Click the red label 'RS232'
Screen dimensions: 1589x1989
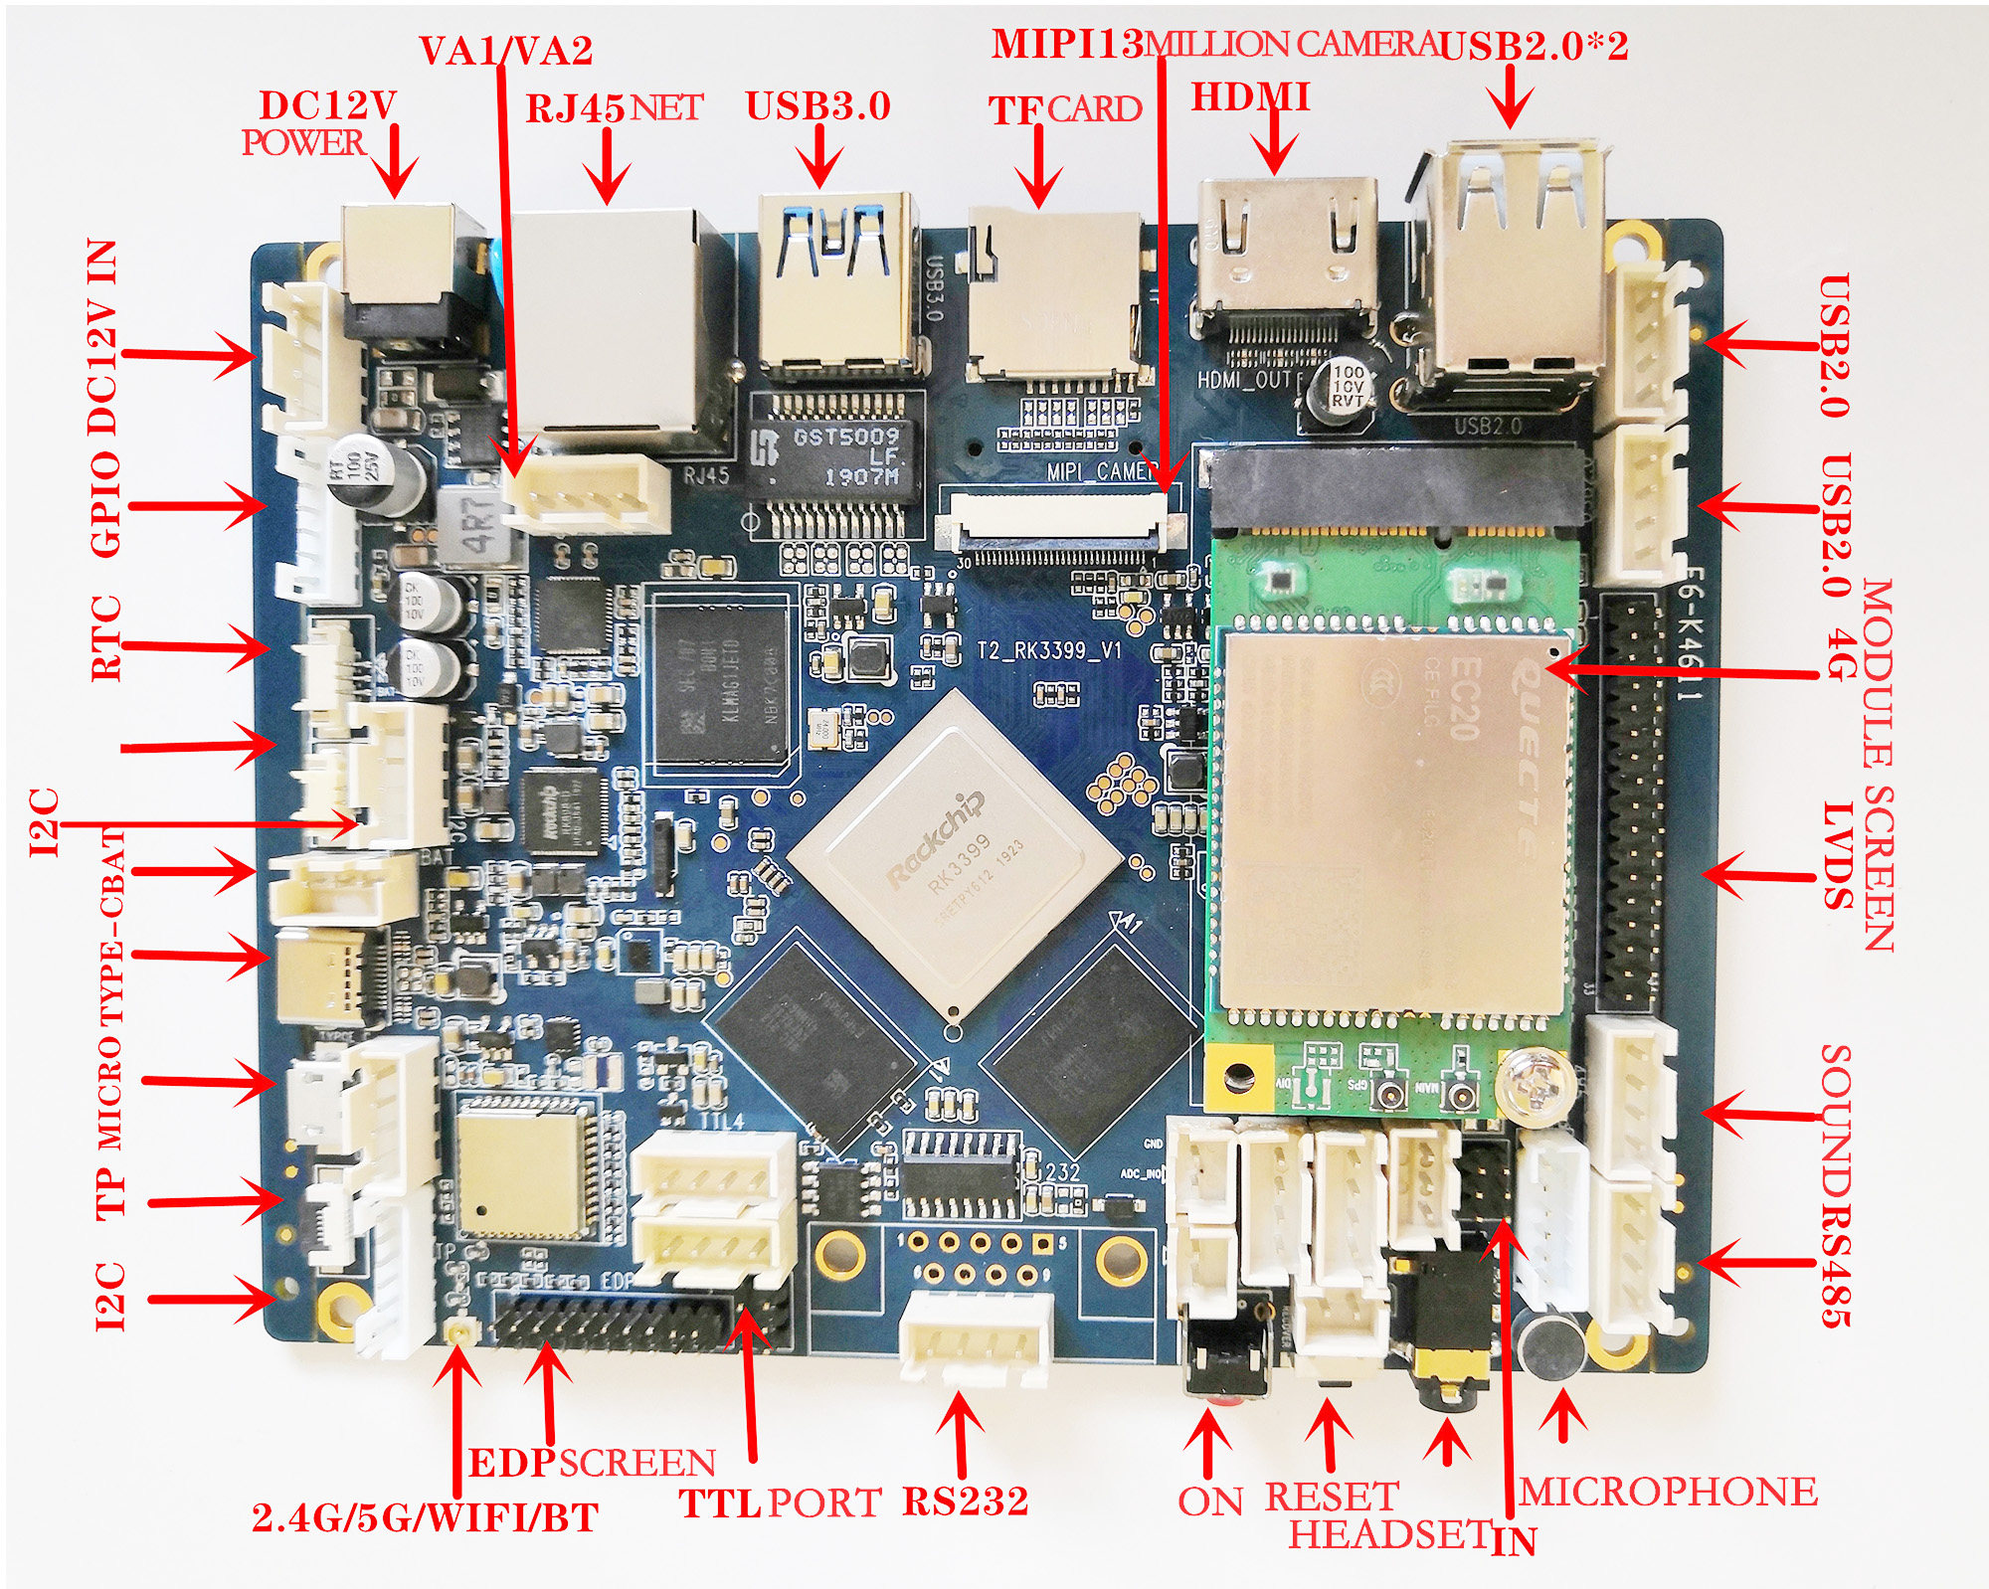965,1500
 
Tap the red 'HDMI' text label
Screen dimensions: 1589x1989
1250,97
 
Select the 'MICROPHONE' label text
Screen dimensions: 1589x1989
1668,1492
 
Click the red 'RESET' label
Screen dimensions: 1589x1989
1332,1497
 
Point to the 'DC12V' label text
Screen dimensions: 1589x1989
327,104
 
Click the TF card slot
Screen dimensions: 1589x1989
1054,298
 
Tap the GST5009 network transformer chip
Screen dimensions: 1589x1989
835,457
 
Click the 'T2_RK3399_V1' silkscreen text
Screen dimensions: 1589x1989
1048,650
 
